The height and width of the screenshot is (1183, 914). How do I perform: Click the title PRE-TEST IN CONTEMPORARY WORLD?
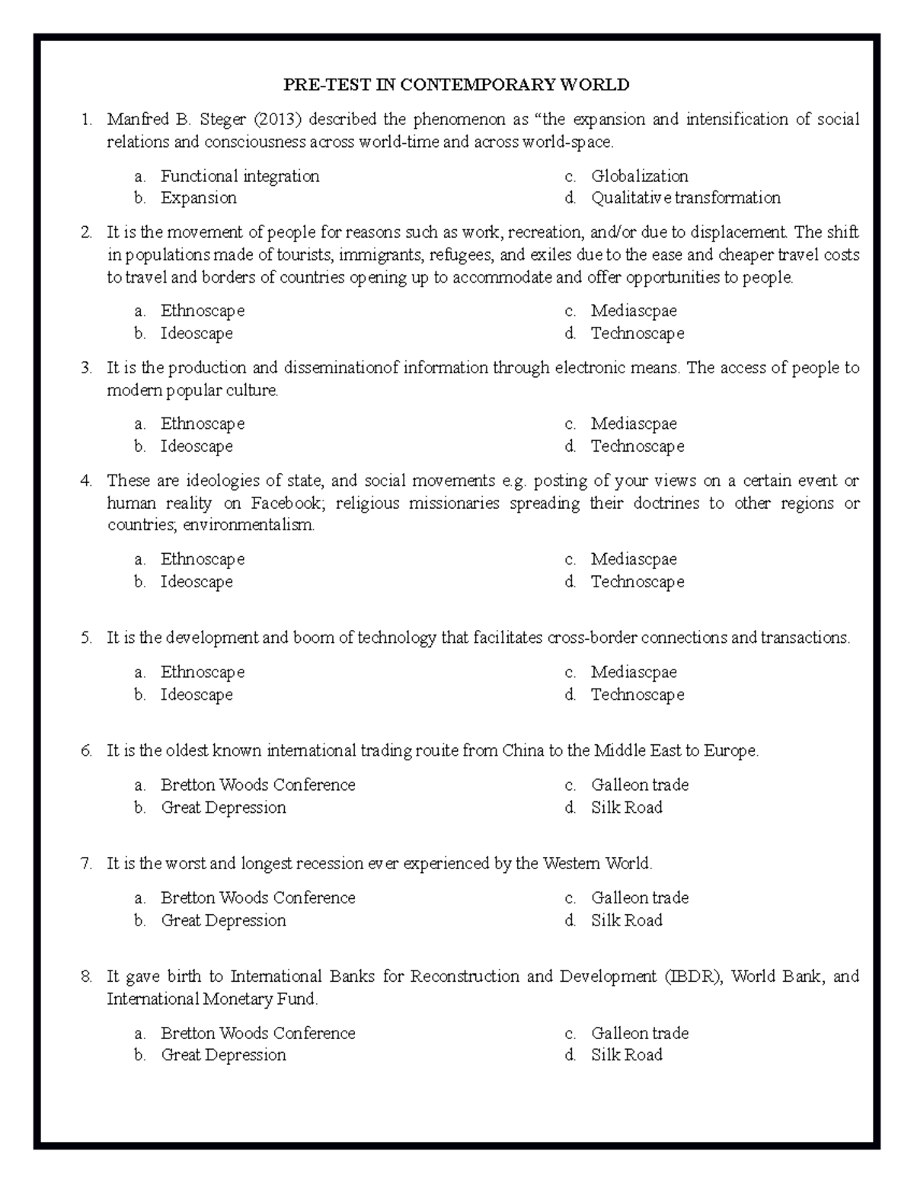point(456,85)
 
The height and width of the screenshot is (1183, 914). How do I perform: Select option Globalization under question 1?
point(639,176)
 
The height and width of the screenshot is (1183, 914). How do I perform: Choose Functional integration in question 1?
point(239,176)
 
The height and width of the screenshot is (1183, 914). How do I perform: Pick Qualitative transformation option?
point(685,198)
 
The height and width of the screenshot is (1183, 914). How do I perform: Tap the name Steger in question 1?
point(223,120)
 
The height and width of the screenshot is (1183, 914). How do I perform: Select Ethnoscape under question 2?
point(202,311)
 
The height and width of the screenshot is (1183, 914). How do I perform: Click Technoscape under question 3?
point(637,446)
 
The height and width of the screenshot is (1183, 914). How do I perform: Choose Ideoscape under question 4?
point(196,582)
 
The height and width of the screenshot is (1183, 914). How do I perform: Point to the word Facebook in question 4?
point(286,504)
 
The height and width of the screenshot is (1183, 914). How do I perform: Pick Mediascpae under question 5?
point(633,672)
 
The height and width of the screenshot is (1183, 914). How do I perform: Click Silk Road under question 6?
point(626,807)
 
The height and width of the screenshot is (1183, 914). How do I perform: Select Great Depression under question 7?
point(223,920)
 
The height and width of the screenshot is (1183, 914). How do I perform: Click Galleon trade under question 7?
point(639,898)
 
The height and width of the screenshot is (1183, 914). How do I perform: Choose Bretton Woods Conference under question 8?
point(257,1034)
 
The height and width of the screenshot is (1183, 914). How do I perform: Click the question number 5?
point(86,638)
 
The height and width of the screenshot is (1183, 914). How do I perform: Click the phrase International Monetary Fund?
point(211,999)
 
